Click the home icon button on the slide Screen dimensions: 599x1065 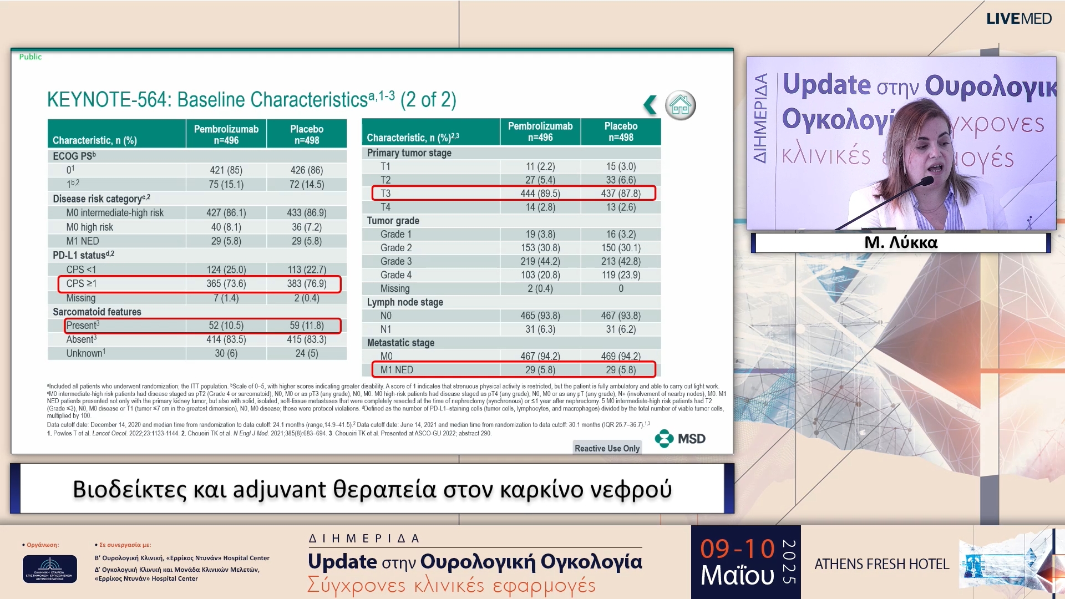(680, 105)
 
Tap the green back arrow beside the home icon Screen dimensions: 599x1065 (650, 105)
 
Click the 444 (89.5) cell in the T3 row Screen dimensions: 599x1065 (540, 194)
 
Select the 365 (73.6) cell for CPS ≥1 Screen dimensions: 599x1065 (226, 283)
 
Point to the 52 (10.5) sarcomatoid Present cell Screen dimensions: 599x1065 (226, 326)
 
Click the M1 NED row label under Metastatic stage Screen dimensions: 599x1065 (397, 370)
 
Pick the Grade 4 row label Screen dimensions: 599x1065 (396, 275)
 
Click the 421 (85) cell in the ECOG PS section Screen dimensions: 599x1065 (226, 170)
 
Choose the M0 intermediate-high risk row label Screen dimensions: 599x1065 (115, 213)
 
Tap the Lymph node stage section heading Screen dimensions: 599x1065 (405, 302)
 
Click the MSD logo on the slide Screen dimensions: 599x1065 (680, 439)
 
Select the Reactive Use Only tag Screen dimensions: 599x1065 (607, 448)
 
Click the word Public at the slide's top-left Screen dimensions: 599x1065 (31, 57)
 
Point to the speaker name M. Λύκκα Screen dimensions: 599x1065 (901, 242)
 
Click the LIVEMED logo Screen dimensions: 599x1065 (1018, 19)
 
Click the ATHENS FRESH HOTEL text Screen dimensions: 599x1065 (881, 564)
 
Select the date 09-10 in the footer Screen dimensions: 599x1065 (737, 549)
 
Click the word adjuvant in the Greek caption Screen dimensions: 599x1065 (279, 490)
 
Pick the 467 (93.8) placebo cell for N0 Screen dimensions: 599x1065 (621, 316)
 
